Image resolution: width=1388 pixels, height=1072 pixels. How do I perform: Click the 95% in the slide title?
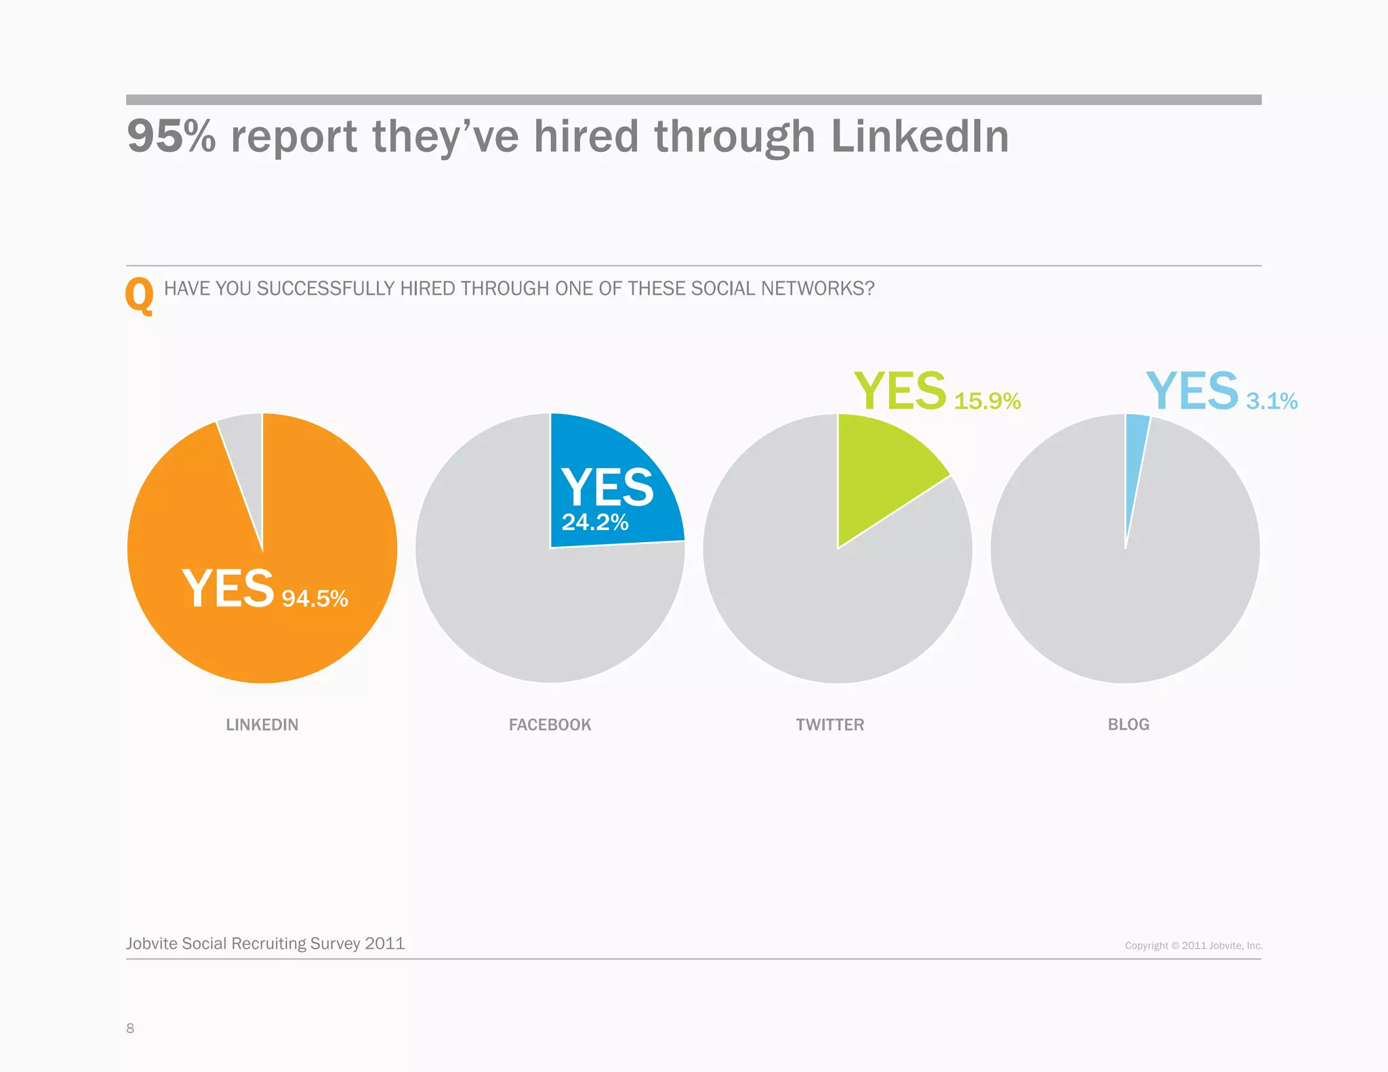coord(171,136)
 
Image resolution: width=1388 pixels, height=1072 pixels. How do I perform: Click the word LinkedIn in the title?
coord(920,136)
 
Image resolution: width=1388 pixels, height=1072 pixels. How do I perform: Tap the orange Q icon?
coord(140,295)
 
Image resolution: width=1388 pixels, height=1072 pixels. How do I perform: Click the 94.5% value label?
coord(314,598)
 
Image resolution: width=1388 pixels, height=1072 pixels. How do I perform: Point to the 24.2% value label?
coord(594,522)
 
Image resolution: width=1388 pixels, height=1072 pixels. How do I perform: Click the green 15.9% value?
coord(987,401)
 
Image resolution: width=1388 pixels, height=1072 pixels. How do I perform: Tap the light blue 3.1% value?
coord(1271,401)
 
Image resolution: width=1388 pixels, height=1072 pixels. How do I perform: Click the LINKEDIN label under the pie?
coord(262,724)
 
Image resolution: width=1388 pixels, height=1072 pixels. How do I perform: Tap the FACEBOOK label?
coord(550,724)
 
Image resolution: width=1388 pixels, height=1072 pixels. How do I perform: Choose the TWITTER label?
coord(830,724)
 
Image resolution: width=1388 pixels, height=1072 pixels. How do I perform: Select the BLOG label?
coord(1128,724)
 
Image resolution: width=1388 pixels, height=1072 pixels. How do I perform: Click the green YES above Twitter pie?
coord(899,391)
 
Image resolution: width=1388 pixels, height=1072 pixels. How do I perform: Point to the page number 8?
coord(130,1028)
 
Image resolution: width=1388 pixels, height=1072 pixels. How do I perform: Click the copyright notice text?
coord(1193,945)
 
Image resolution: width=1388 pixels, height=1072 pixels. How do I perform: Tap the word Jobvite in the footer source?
coord(152,943)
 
